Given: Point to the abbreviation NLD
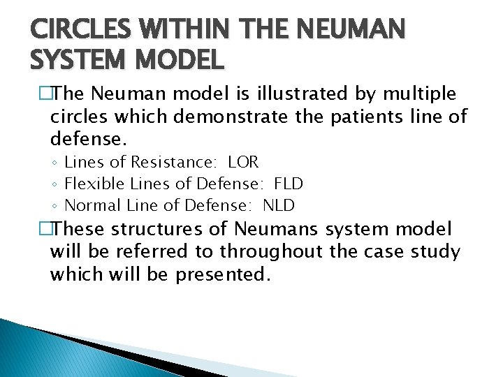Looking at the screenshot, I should pos(278,205).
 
